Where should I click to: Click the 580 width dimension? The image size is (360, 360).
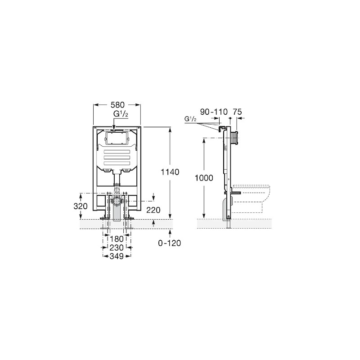pyautogui.click(x=117, y=105)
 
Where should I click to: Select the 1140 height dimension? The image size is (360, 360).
pyautogui.click(x=170, y=172)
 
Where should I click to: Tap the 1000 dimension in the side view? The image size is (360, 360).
pyautogui.click(x=204, y=178)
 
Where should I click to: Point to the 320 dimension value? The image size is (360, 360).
pyautogui.click(x=81, y=206)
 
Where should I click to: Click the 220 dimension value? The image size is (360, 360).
pyautogui.click(x=153, y=210)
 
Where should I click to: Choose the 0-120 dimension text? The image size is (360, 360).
pyautogui.click(x=170, y=243)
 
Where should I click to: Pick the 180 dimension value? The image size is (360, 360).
pyautogui.click(x=117, y=239)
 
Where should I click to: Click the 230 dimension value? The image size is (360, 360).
pyautogui.click(x=117, y=248)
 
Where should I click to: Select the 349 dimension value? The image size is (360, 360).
pyautogui.click(x=117, y=256)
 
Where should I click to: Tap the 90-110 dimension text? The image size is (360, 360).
pyautogui.click(x=214, y=112)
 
